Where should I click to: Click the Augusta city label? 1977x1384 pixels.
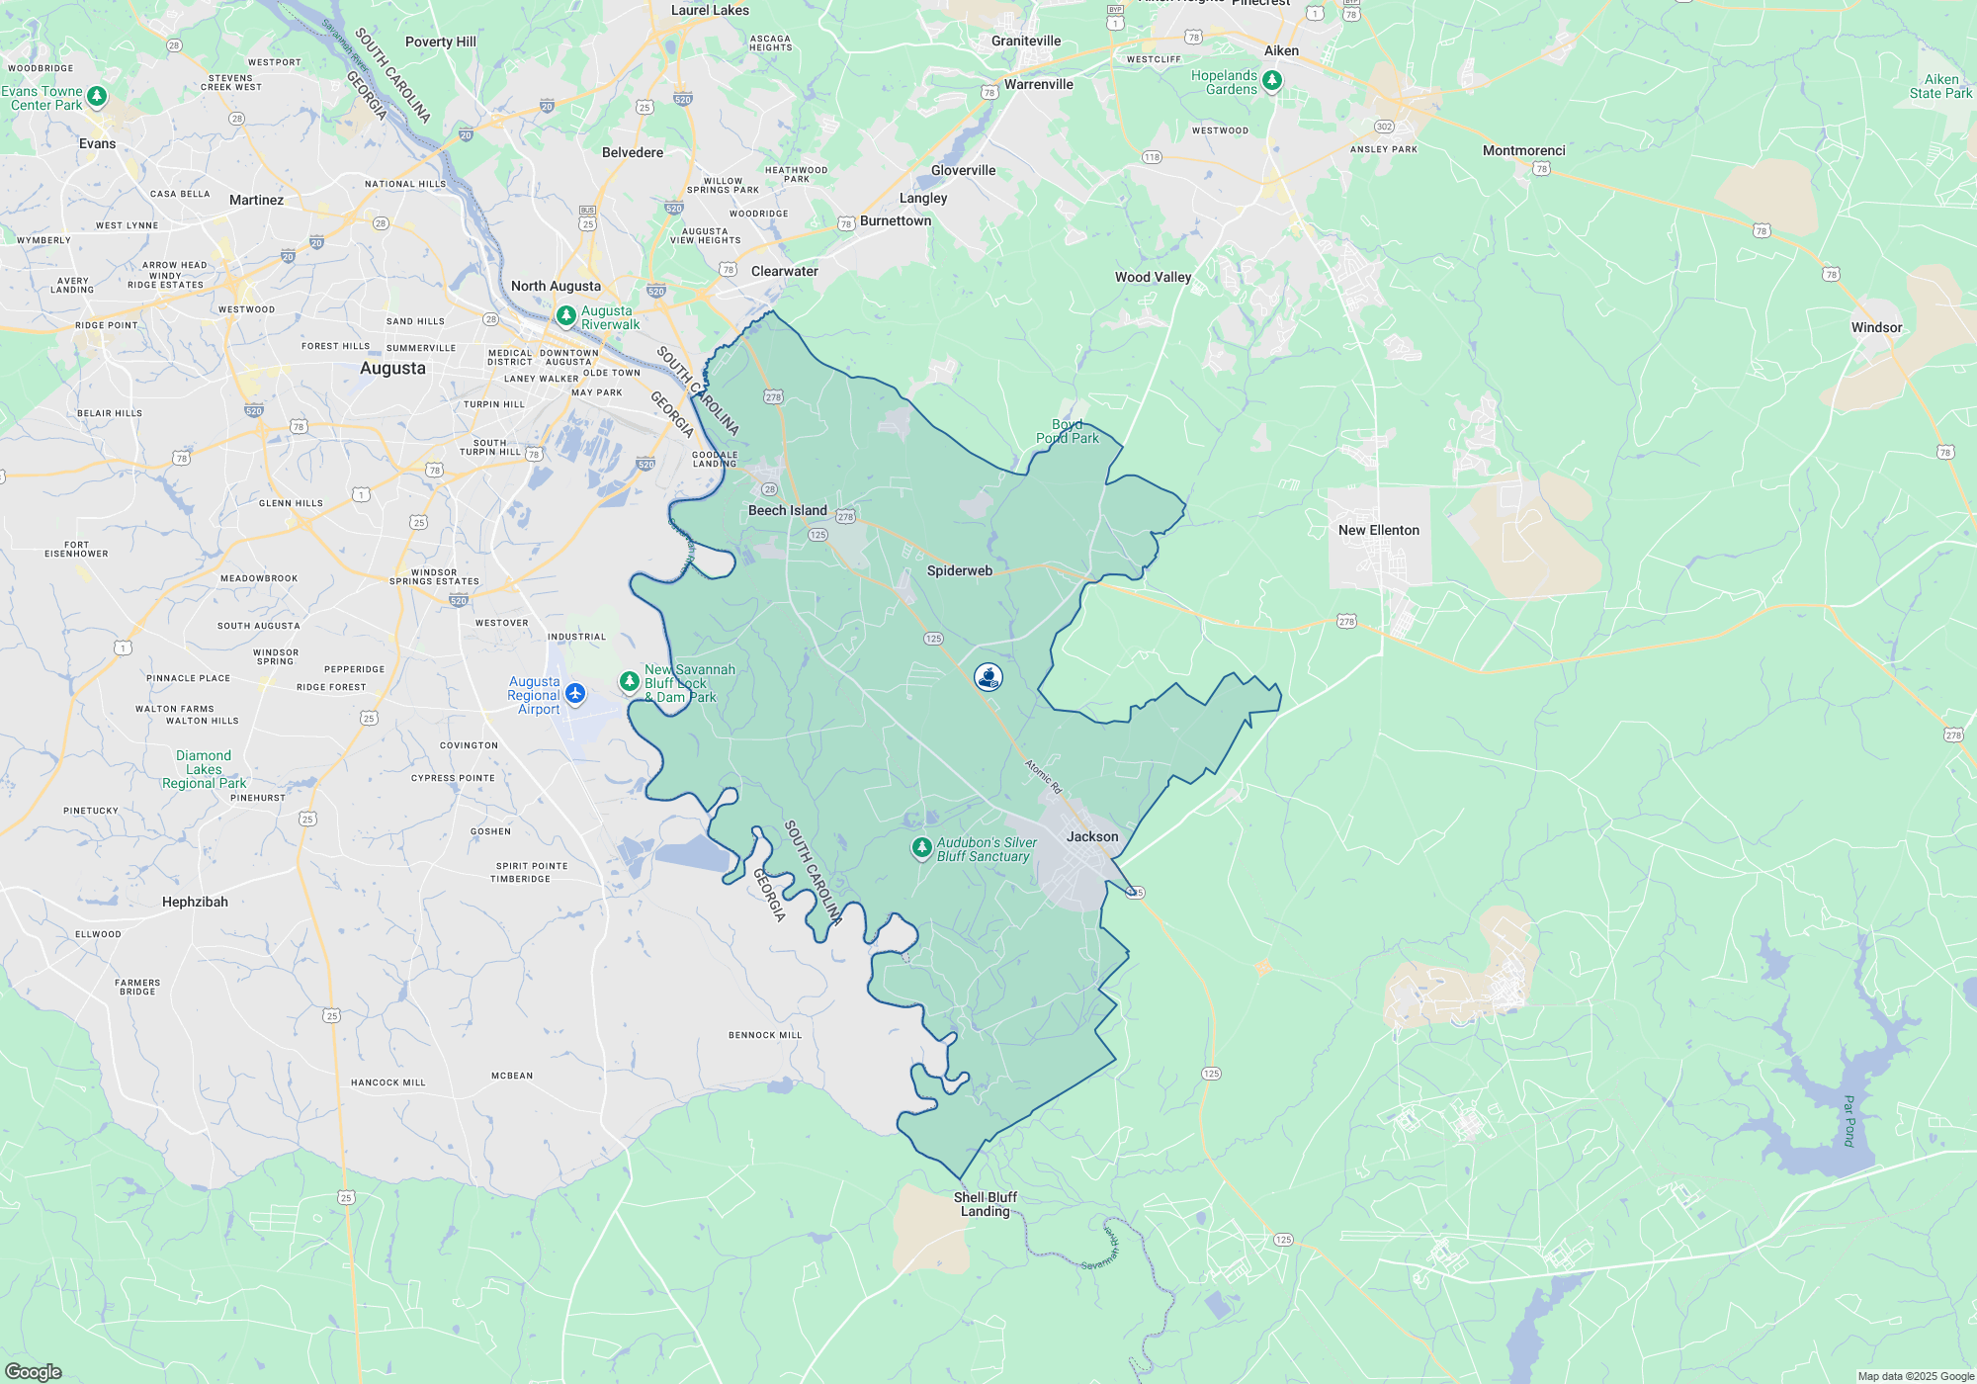[x=392, y=369]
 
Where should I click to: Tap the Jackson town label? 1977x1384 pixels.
[x=1092, y=837]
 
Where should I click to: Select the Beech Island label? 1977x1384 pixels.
[x=787, y=511]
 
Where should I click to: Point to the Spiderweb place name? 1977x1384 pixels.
[x=959, y=571]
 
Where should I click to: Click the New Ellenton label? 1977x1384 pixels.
[x=1378, y=531]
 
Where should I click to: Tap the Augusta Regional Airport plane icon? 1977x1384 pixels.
[x=575, y=693]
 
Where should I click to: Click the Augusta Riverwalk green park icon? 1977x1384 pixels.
[x=566, y=316]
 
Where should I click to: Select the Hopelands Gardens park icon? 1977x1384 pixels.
[x=1272, y=81]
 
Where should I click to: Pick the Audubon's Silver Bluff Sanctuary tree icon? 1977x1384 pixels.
[x=921, y=847]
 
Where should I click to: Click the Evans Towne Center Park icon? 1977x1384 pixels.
[x=97, y=96]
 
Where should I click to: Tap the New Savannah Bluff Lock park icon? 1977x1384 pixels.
[x=629, y=681]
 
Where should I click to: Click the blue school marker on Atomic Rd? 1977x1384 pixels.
[x=988, y=677]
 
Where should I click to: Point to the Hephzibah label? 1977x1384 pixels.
[x=195, y=903]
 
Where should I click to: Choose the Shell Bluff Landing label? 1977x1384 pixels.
[x=985, y=1204]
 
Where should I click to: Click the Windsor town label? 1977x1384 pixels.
[x=1876, y=328]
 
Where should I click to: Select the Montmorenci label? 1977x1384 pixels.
[x=1523, y=151]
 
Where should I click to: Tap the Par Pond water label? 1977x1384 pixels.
[x=1848, y=1120]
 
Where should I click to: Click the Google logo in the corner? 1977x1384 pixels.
[x=34, y=1371]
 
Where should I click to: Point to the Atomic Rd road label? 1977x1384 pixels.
[x=1043, y=776]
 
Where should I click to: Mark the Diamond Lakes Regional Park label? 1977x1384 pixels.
[x=204, y=770]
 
